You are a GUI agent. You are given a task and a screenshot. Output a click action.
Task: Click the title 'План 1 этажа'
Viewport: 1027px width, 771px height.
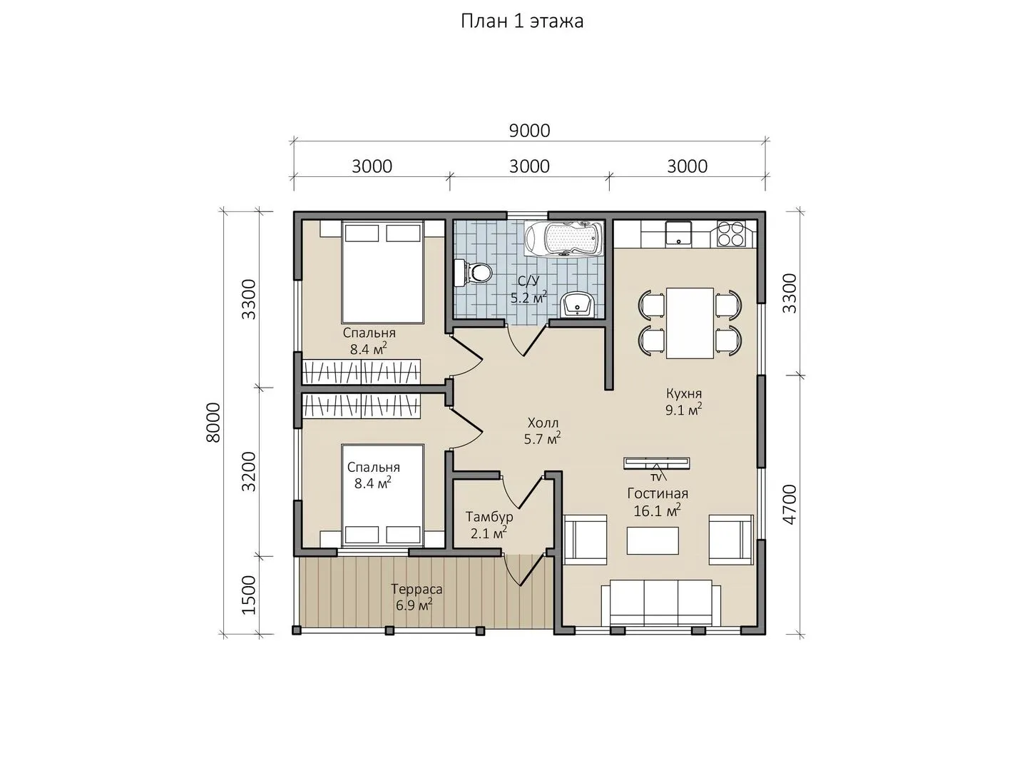[x=522, y=21]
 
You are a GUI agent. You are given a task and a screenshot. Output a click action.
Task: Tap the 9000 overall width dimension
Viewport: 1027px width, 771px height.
[x=529, y=131]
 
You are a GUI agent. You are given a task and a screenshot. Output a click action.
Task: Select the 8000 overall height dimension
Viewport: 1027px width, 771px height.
[x=213, y=422]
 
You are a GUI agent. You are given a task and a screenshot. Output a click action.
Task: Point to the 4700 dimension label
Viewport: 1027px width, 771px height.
[x=790, y=505]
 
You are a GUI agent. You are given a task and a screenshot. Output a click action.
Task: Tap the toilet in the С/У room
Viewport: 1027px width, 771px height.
[x=473, y=272]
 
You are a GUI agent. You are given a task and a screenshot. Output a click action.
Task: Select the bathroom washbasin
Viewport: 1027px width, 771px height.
[x=577, y=305]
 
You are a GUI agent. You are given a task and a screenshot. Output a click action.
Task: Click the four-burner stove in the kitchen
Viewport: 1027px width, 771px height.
[x=732, y=234]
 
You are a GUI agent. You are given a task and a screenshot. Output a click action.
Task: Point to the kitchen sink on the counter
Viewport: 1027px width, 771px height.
[x=678, y=233]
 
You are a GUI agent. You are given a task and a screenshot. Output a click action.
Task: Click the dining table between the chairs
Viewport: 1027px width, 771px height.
[x=690, y=323]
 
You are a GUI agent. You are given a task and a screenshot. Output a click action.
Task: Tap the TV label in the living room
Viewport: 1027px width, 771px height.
[x=656, y=478]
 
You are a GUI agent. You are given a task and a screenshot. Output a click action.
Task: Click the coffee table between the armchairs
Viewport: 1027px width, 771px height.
[x=653, y=540]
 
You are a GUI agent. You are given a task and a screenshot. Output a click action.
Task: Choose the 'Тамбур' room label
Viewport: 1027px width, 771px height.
[x=489, y=518]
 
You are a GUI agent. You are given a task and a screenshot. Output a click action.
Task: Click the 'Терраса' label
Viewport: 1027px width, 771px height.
[x=417, y=589]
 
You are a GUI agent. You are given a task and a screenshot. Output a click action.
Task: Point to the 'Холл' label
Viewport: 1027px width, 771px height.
[x=543, y=423]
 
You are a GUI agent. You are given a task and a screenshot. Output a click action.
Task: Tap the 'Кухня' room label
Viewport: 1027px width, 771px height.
[x=683, y=393]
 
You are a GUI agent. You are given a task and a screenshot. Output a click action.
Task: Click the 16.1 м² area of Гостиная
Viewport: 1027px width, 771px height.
[x=657, y=510]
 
